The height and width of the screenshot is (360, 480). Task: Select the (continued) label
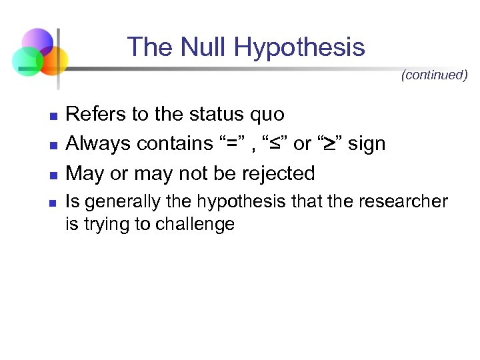pos(434,75)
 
